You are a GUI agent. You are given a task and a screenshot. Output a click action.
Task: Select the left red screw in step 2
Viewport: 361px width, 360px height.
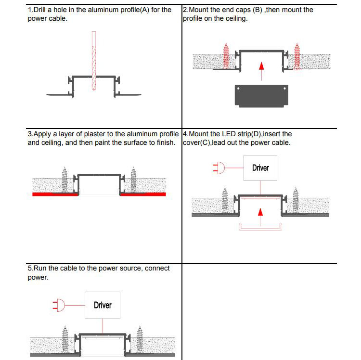tap(227, 55)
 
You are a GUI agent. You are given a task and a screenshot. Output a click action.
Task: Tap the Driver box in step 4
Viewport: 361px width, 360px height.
tap(260, 168)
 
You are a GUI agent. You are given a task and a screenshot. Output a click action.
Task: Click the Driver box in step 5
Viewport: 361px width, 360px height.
tap(103, 305)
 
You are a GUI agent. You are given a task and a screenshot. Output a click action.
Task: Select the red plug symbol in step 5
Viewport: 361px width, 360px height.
tap(59, 305)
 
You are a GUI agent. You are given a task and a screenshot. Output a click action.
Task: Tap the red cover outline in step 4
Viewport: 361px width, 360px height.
tap(260, 230)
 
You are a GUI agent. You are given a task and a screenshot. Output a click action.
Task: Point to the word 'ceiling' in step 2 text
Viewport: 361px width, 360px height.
tap(234, 19)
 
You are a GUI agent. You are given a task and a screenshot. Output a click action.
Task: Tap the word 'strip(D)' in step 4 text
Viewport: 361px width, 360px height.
tap(250, 134)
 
